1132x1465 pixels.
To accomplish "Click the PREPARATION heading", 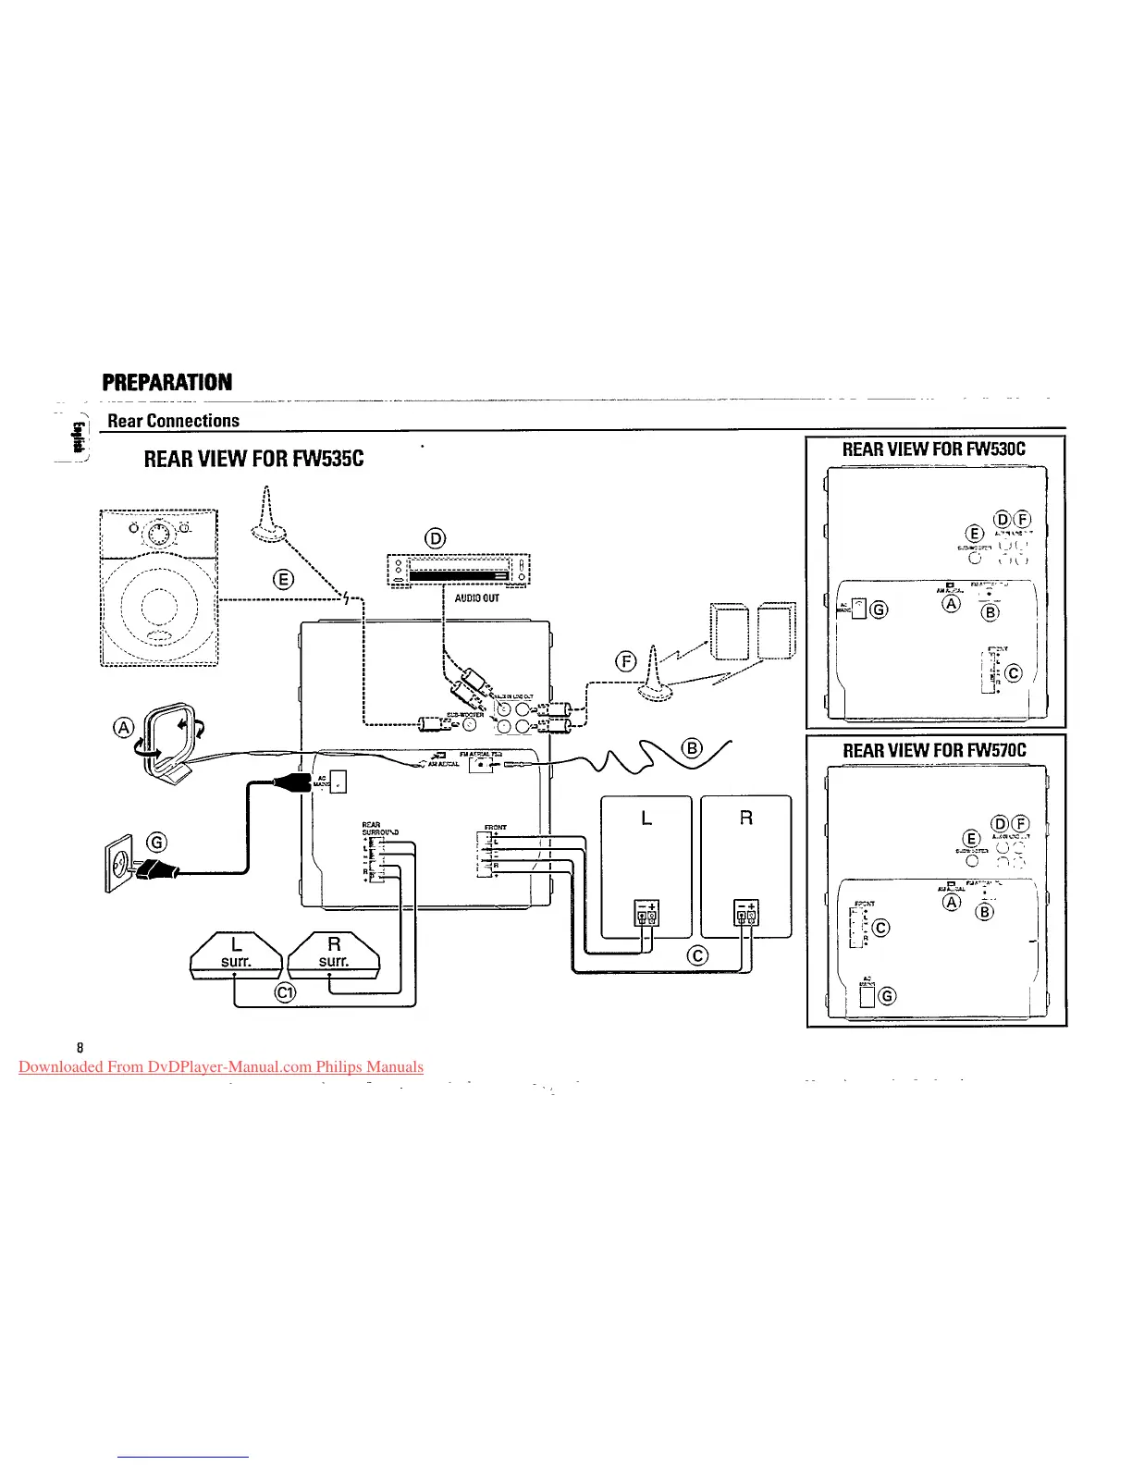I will click(167, 382).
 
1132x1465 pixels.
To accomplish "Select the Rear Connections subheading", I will click(174, 421).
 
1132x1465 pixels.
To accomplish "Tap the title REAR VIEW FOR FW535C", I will click(254, 459).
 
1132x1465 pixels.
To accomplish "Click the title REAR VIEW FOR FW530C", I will click(934, 449).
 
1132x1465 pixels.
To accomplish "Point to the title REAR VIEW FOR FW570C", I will click(934, 750).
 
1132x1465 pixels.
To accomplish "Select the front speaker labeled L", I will click(646, 865).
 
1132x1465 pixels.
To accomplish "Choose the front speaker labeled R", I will click(746, 865).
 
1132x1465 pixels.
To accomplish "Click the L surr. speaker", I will click(236, 954).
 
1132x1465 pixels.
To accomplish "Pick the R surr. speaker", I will click(334, 954).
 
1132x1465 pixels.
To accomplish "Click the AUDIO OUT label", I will click(477, 598).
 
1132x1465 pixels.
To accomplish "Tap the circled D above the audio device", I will click(435, 538).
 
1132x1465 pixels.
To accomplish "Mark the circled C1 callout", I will click(286, 993).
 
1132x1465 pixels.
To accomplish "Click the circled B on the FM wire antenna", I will click(691, 748).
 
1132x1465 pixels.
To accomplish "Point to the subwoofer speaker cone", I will click(158, 609).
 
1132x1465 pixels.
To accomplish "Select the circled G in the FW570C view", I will click(887, 995).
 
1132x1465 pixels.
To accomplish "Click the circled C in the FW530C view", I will click(1014, 673).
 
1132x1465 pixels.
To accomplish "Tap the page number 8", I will click(80, 1048).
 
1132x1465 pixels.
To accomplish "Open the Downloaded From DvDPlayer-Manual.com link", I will click(221, 1066).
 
